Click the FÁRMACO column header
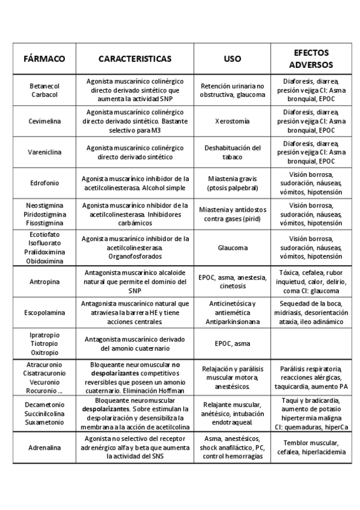tap(44, 59)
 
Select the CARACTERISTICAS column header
tap(135, 59)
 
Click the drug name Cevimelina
tap(44, 121)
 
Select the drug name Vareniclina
tap(44, 153)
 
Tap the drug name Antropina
tap(44, 281)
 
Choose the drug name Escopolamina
tap(44, 313)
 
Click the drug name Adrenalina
tap(44, 448)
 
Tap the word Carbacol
tap(44, 94)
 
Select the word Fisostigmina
tap(44, 223)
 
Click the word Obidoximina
tap(44, 261)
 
